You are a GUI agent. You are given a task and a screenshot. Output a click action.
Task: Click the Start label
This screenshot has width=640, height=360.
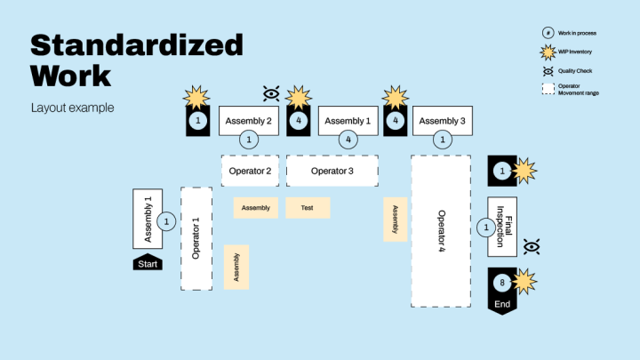click(x=148, y=263)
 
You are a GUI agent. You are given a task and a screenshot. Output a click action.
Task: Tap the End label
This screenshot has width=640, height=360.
click(x=502, y=305)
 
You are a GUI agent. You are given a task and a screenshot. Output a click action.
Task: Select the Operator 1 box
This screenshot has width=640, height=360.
click(x=196, y=238)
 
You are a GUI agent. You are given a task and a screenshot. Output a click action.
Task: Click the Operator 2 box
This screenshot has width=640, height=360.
click(x=249, y=171)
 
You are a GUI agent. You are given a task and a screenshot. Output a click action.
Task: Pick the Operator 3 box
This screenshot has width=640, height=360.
click(x=332, y=171)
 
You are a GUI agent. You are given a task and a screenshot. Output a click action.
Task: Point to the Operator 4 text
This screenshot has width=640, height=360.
click(x=441, y=231)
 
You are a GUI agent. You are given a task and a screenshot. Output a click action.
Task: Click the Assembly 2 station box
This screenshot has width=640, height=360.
click(x=249, y=120)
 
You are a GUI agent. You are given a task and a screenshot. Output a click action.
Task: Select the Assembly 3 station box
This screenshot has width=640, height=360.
click(x=442, y=120)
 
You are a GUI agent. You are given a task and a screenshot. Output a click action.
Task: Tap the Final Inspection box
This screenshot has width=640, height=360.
click(x=504, y=226)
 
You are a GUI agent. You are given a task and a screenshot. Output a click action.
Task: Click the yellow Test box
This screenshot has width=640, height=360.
click(x=308, y=208)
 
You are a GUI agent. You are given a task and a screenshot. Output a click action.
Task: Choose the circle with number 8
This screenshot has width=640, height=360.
click(x=502, y=284)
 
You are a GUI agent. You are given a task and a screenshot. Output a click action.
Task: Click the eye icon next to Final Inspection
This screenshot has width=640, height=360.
click(x=532, y=246)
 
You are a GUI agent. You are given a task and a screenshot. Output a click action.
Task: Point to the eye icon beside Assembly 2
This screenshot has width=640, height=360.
click(x=272, y=92)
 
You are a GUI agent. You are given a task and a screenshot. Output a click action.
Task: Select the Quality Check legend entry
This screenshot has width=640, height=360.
click(x=574, y=70)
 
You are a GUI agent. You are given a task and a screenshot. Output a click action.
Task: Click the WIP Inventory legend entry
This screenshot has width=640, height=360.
click(x=575, y=51)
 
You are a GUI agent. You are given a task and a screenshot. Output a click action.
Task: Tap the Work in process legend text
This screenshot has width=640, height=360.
click(x=577, y=33)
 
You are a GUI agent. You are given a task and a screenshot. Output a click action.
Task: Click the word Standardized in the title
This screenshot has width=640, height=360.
click(x=137, y=44)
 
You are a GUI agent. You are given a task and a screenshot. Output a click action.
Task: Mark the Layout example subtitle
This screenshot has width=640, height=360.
click(x=72, y=108)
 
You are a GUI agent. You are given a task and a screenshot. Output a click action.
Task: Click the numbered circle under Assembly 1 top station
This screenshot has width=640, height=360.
click(x=348, y=140)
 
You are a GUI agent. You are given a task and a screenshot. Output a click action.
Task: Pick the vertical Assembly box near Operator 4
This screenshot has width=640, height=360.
click(x=396, y=220)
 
